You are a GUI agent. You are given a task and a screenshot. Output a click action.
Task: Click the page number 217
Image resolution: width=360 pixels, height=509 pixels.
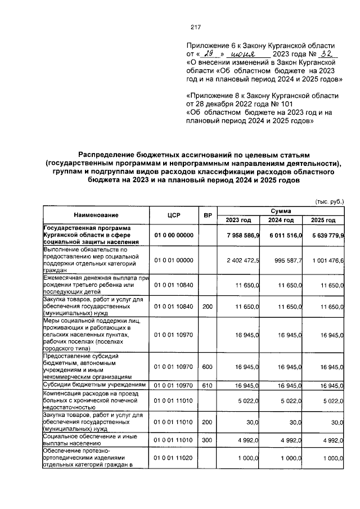(196, 27)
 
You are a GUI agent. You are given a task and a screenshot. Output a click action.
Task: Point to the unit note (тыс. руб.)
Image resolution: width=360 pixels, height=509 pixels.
(328, 200)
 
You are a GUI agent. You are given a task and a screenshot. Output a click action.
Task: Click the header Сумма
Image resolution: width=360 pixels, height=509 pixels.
(281, 210)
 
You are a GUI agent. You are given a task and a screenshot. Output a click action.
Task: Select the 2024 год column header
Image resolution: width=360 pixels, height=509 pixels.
(281, 220)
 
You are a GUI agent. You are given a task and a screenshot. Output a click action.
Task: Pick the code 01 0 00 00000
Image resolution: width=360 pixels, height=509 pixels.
(173, 235)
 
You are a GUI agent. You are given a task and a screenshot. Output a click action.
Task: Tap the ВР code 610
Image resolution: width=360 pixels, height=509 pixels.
(207, 385)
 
